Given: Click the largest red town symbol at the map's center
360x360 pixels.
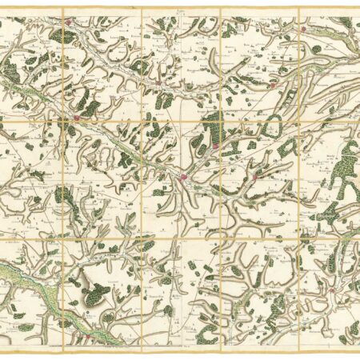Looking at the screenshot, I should tap(183, 178).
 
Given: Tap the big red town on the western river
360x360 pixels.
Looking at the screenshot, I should tap(78, 119).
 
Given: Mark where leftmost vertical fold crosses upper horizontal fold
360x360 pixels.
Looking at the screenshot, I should tap(63, 122).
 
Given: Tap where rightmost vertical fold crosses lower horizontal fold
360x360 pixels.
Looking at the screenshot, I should tap(300, 238).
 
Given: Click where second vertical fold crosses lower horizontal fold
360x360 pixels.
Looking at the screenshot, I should tap(142, 238).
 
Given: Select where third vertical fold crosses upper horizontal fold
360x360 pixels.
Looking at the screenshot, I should tap(221, 122).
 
